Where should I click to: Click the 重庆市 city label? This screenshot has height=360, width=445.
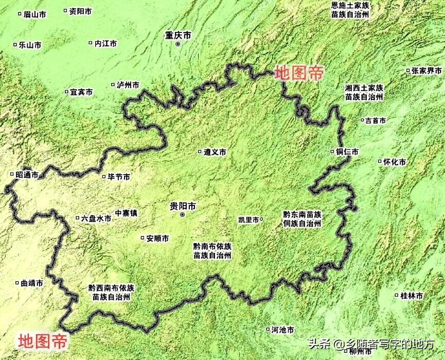(178, 35)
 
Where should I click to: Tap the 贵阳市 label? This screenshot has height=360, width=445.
(183, 206)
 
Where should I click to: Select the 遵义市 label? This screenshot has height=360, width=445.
(215, 152)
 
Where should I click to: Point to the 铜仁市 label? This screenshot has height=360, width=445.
(347, 152)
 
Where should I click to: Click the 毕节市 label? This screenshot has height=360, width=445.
(119, 177)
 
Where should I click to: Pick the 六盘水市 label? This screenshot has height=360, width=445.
(96, 218)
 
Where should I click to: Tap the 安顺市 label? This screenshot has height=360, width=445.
(157, 238)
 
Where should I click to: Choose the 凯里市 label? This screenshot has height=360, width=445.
(248, 219)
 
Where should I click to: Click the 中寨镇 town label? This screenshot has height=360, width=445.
(126, 212)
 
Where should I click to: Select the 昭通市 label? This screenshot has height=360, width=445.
(27, 175)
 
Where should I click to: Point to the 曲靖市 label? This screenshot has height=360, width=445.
(32, 283)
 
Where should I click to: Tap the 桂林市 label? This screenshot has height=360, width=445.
(412, 296)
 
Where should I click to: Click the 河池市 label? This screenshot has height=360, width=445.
(282, 330)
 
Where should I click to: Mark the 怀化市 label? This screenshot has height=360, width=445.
(395, 162)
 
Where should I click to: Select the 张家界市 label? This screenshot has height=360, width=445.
(426, 71)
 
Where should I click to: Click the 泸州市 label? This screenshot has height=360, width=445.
(128, 85)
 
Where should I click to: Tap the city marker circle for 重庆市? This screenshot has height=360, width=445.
(178, 45)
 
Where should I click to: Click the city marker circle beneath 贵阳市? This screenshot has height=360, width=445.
(182, 214)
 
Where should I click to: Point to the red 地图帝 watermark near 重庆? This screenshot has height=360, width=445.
(299, 73)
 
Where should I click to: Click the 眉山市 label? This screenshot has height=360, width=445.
(35, 14)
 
